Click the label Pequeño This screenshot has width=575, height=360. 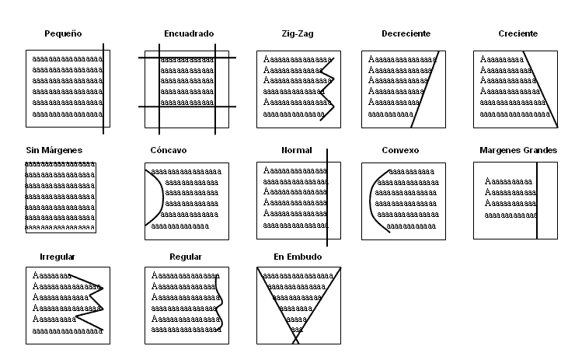[x=64, y=34]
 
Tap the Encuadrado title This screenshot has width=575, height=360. [x=189, y=34]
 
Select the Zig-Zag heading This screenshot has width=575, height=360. [x=298, y=34]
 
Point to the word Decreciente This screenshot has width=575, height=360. [x=406, y=34]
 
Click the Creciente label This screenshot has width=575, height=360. [x=517, y=34]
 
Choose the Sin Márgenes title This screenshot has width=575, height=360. [x=54, y=149]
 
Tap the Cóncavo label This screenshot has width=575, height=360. [x=169, y=149]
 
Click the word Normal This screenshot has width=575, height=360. [x=297, y=149]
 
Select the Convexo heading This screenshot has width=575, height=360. [x=400, y=149]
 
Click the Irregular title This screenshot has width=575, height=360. [x=57, y=256]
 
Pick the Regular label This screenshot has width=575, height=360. [x=186, y=256]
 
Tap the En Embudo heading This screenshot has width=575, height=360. [x=298, y=256]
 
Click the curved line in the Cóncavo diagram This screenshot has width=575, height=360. [x=162, y=194]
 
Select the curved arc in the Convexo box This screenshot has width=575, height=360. [x=372, y=198]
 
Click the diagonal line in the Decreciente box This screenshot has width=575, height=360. [x=426, y=89]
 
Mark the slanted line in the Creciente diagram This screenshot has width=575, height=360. [x=540, y=89]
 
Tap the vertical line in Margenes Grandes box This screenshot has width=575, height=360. [x=537, y=198]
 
